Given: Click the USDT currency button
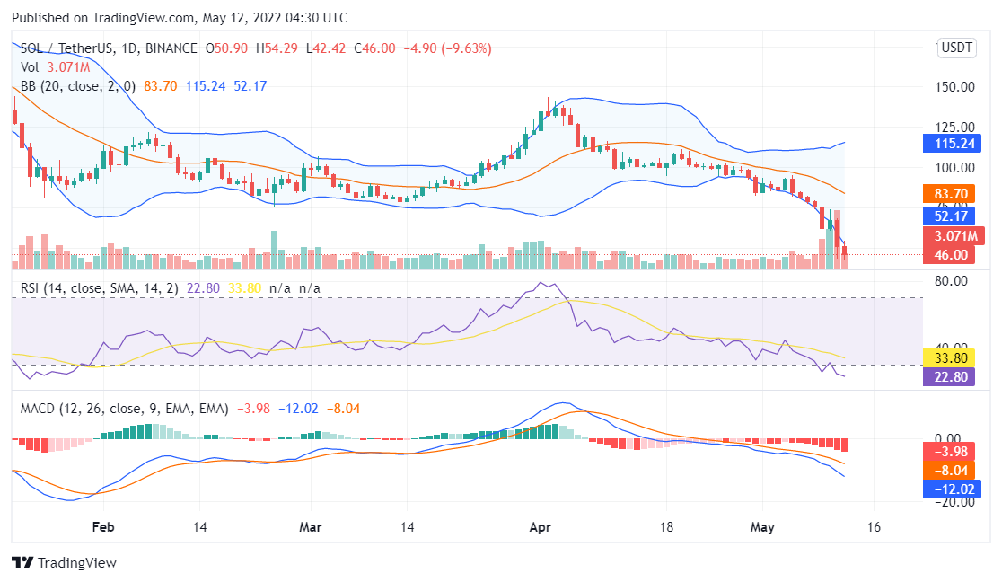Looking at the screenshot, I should click(956, 48).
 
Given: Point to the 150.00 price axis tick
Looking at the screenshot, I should click(955, 87).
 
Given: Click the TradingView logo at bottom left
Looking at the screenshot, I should click(64, 562).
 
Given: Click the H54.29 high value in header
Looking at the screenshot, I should click(277, 48).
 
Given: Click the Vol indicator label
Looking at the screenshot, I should click(30, 67).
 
